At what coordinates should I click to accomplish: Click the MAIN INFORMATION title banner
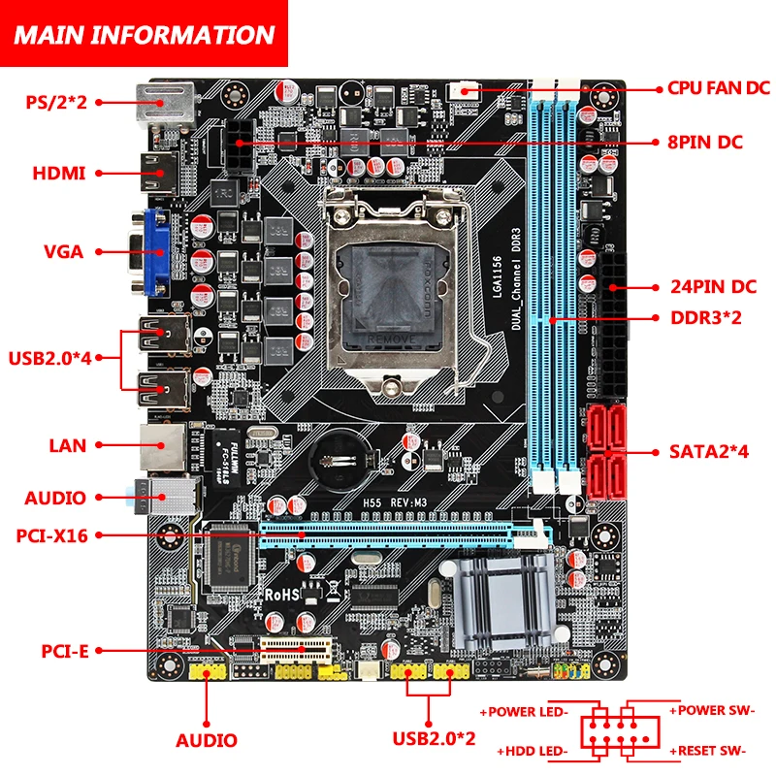click(144, 36)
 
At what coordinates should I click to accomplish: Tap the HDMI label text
click(59, 174)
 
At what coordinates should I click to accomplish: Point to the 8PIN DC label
click(706, 143)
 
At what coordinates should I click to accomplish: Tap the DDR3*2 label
click(706, 317)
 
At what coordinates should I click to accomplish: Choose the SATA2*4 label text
click(711, 451)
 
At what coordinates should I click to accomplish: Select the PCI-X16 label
click(52, 533)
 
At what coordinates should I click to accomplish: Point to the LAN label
click(68, 446)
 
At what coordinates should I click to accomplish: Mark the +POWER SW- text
click(712, 711)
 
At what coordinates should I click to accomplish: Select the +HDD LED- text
click(532, 750)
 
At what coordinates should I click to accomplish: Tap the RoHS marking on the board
click(289, 593)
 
